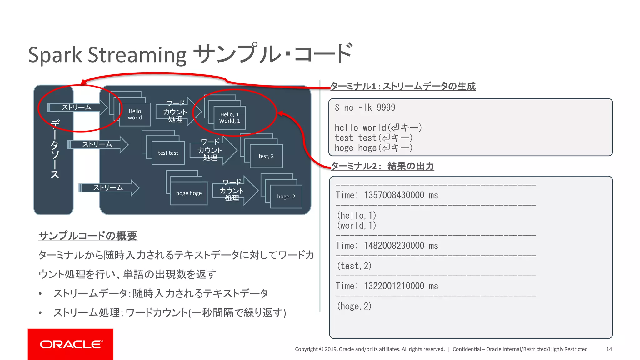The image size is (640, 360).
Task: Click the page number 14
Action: pos(609,349)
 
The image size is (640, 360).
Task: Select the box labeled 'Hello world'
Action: pos(135,114)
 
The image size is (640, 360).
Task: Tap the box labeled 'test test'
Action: pos(168,153)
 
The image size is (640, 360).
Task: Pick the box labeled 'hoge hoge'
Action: pos(189,193)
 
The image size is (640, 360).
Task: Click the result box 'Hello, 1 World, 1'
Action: pos(230,118)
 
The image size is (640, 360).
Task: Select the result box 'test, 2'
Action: pos(266,156)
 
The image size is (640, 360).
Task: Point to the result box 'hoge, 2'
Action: pos(286,197)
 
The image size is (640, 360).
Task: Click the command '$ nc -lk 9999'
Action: pos(365,108)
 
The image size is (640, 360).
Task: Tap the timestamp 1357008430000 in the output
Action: pos(394,195)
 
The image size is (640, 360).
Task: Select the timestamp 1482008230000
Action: pos(394,246)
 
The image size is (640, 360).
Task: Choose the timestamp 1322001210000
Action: pos(394,286)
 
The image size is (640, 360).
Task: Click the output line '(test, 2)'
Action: pos(354,266)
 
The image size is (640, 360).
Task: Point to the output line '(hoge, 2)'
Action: pos(354,306)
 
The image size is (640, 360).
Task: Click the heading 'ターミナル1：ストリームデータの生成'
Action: pos(403,86)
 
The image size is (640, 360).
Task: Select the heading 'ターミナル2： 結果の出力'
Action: pos(382,166)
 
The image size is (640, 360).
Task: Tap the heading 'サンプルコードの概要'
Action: pos(88,236)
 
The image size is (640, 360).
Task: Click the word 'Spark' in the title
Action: pos(55,55)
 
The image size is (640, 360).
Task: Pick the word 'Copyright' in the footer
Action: pos(306,349)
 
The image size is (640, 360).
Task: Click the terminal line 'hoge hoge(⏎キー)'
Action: pos(373,148)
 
